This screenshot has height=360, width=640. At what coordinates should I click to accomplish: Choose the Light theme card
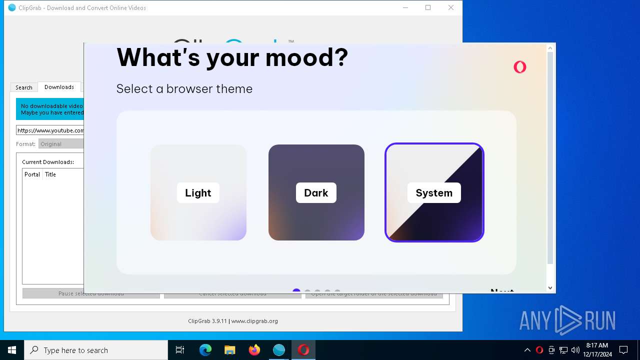coord(198,192)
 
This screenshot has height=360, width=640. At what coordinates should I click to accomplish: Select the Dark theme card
coord(316,192)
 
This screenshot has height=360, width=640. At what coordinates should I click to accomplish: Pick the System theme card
coord(434,192)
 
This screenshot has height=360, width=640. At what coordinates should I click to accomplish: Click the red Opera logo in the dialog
coord(520,67)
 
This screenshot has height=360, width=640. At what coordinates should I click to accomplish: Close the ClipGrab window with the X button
coord(451,8)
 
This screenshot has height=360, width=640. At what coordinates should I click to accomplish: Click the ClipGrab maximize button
coord(428,8)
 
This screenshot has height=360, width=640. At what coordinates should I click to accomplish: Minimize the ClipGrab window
coord(405,8)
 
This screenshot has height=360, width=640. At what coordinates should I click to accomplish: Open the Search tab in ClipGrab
coord(24,87)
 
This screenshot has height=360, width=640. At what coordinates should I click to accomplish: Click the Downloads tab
coord(59,87)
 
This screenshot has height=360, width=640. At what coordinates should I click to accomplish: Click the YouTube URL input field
coord(50,130)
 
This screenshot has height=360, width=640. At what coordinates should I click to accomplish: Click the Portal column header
coord(32,174)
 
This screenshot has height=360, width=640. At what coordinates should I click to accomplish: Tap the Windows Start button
coord(12,350)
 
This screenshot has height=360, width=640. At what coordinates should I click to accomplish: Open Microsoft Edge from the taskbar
coord(205,350)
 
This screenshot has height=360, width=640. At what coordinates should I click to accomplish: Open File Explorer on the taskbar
coord(230,350)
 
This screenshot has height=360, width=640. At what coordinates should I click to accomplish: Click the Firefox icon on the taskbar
coord(254,350)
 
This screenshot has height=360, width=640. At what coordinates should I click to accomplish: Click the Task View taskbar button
coord(180,350)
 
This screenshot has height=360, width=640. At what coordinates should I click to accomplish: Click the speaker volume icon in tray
coord(575,350)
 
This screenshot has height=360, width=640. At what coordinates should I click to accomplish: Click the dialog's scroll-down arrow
coord(550,288)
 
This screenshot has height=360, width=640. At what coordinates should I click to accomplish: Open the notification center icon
coord(623,350)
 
